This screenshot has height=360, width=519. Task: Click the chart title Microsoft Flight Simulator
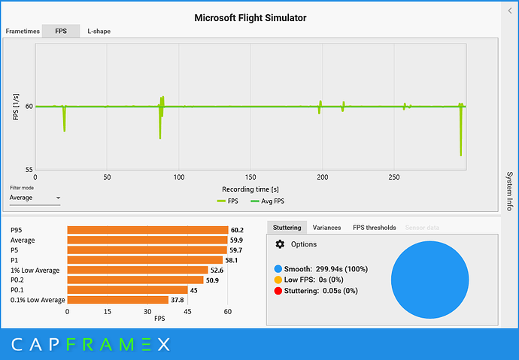tap(250, 17)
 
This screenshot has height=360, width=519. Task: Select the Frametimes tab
tap(22, 32)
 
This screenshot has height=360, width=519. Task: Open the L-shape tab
tap(100, 32)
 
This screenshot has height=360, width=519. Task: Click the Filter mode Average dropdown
tap(35, 198)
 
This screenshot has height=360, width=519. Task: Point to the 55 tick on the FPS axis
tap(28, 170)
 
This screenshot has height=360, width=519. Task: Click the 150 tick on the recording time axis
tap(250, 177)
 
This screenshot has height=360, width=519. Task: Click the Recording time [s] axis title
tap(250, 189)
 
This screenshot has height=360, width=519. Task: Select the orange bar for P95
tap(147, 231)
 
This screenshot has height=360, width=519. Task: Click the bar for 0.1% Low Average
tap(117, 299)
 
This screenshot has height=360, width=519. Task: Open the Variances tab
tap(326, 227)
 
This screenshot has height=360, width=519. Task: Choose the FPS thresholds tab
tap(374, 227)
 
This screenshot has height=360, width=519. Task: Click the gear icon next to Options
tap(281, 244)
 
